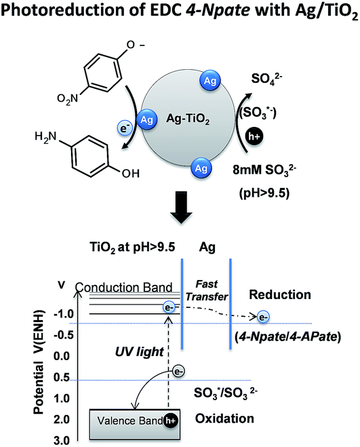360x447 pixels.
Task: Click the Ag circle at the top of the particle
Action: [209, 81]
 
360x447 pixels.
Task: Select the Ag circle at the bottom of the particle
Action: [201, 168]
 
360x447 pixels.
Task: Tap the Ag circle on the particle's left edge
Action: [147, 120]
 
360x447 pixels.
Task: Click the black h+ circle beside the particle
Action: [254, 136]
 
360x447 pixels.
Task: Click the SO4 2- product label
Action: [266, 79]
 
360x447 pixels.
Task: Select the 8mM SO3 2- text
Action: [264, 170]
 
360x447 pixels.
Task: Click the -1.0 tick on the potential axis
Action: [64, 314]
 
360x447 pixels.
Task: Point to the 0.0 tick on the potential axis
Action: [62, 356]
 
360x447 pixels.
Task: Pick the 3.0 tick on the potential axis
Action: [62, 441]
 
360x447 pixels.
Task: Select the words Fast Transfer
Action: [207, 290]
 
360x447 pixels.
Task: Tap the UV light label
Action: [140, 352]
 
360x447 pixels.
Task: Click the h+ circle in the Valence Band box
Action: [170, 421]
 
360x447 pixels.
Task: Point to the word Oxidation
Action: [224, 419]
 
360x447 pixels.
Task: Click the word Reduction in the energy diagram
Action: [280, 295]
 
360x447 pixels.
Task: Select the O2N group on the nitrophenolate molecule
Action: [67, 99]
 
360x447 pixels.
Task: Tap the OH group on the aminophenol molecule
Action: [131, 174]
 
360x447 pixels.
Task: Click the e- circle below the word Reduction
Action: [263, 317]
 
